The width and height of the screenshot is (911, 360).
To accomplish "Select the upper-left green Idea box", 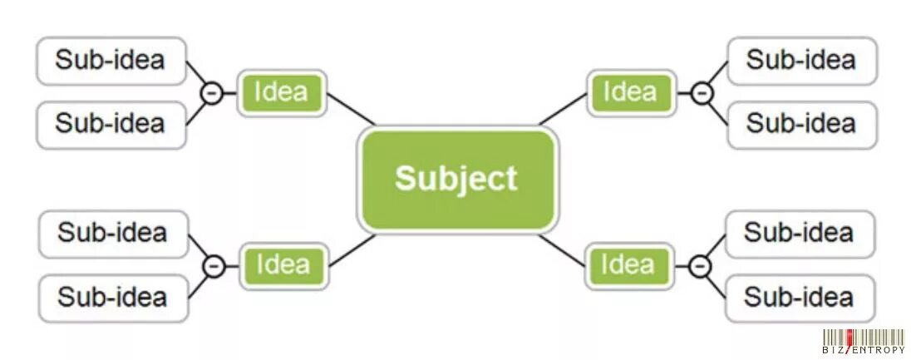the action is coord(282,92).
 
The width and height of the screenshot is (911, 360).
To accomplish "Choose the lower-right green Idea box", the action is coord(628,265).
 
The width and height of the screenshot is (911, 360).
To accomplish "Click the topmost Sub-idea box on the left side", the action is coord(111,61).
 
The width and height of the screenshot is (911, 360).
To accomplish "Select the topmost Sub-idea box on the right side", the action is coord(801,61).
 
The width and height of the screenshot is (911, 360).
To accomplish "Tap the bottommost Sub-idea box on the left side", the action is coord(113,298).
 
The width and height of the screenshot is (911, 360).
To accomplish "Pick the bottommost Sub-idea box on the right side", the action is coord(800,298).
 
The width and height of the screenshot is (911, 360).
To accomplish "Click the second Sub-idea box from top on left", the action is coord(111,124).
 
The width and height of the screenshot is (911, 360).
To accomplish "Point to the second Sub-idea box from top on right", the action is coord(801,124).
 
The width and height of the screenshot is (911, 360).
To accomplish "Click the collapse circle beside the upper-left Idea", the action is coord(213,93).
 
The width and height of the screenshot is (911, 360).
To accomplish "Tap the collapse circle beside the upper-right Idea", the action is coord(702,93).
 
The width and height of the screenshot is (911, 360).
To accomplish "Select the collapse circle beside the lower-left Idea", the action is coord(214,266).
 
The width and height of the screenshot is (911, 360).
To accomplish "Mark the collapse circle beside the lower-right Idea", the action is coord(701,266).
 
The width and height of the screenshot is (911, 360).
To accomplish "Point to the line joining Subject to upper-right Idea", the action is coord(564,109).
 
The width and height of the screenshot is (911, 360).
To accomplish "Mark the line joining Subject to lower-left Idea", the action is coord(352,250).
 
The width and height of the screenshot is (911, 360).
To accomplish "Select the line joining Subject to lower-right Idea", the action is coord(563,249).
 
